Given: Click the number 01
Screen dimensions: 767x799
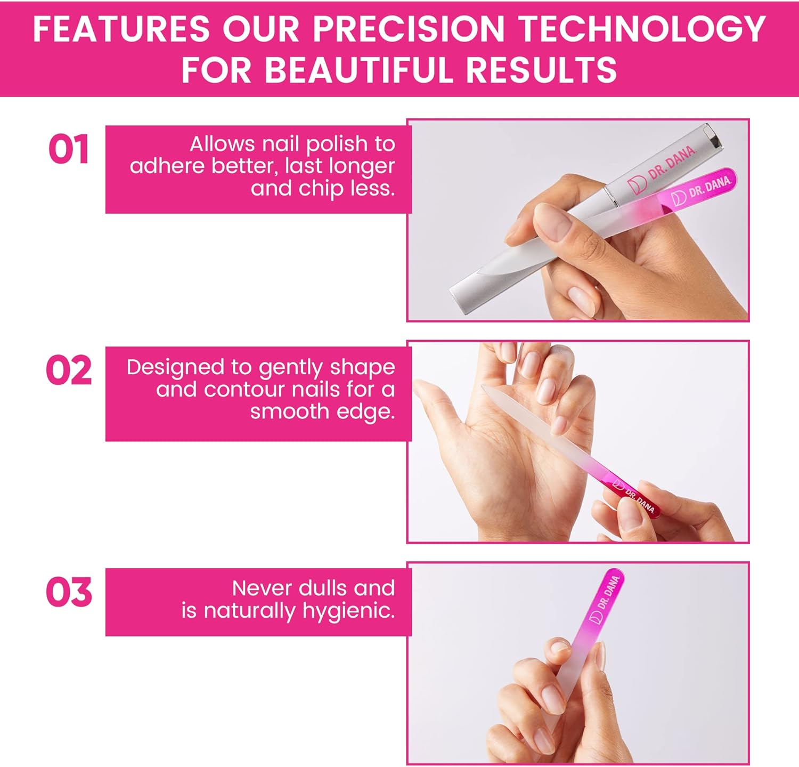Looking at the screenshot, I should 68,150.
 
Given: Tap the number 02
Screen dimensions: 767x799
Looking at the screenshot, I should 69,371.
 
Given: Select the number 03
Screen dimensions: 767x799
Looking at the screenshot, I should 69,592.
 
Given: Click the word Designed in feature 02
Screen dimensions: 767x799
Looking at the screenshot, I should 175,367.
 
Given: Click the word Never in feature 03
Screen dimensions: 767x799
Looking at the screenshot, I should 262,588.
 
